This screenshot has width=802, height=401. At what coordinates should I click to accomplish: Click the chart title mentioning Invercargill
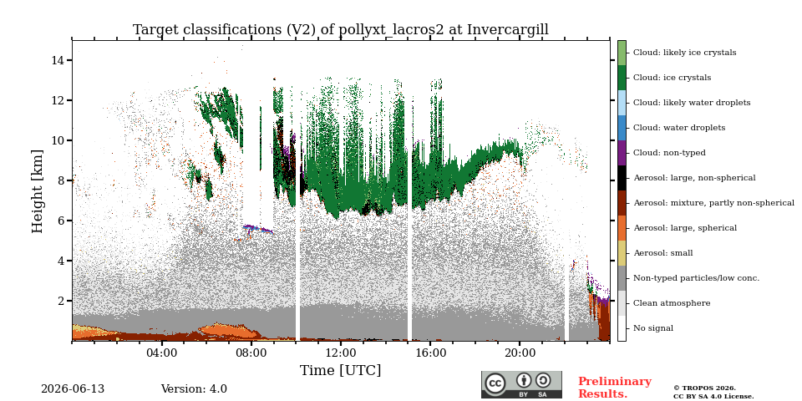click(x=341, y=30)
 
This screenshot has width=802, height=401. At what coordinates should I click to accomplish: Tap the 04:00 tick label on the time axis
click(x=162, y=353)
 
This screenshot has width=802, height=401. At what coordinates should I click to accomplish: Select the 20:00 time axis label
click(x=520, y=353)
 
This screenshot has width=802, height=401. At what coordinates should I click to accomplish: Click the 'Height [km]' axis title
click(x=38, y=191)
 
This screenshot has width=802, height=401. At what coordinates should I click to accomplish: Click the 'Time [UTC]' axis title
click(x=340, y=370)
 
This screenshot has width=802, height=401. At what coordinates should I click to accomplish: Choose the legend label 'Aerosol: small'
click(x=662, y=253)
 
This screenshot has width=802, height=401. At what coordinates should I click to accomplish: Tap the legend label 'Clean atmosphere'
click(x=672, y=303)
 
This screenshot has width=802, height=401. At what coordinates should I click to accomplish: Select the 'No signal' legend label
click(x=653, y=328)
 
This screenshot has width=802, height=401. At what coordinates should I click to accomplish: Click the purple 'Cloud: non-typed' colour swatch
click(x=622, y=153)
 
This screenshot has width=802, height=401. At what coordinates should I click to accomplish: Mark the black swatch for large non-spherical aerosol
click(x=622, y=178)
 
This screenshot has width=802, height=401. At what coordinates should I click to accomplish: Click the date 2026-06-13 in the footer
click(x=73, y=389)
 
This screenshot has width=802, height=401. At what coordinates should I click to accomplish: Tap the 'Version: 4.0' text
click(x=194, y=389)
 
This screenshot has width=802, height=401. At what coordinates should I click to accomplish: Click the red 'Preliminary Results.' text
click(x=615, y=388)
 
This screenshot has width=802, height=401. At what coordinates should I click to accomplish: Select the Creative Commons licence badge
click(x=521, y=384)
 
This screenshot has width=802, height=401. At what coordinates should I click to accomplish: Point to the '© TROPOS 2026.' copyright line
click(x=704, y=388)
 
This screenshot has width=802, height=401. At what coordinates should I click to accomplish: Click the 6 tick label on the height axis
click(x=61, y=221)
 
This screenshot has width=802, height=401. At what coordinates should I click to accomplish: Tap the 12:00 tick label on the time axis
click(x=341, y=353)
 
